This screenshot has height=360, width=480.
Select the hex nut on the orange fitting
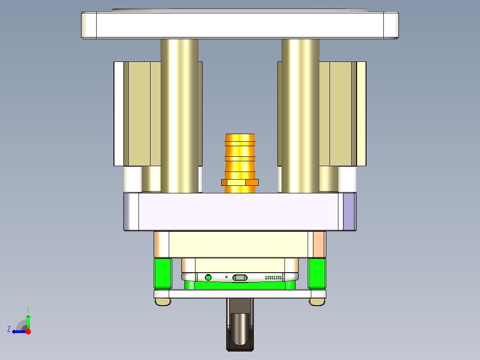point(240,182)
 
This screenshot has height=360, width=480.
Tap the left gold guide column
point(179,116)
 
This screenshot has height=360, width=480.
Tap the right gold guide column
point(300,116)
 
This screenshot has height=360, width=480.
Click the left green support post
point(163,273)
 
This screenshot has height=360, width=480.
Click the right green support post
point(317,273)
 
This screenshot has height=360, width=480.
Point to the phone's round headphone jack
point(208,278)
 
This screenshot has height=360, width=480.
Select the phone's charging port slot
point(240,278)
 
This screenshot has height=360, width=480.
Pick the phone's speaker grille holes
point(274,278)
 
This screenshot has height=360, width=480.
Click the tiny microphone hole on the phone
point(227,277)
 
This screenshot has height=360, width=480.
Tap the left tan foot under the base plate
point(163,302)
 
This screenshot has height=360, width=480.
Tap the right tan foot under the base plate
point(317,302)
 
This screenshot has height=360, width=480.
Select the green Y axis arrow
point(28,320)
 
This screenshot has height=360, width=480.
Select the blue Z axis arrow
point(17,331)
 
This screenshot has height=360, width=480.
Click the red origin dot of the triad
point(28,331)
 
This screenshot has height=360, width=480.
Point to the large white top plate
point(240,25)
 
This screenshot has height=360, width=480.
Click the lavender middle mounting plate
point(240,212)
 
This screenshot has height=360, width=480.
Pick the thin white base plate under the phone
point(240,294)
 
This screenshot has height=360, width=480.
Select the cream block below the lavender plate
point(240,244)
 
